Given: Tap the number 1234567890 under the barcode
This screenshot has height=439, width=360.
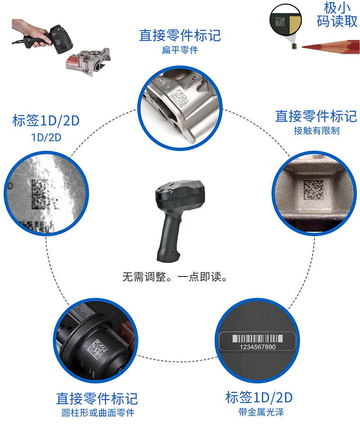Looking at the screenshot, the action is coord(257,347).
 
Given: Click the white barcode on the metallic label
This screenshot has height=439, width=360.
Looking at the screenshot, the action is coord(257,339).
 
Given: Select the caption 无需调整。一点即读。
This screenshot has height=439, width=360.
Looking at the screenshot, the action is coord(175,277).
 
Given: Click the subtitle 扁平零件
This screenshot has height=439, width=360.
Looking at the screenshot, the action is coord(180,50).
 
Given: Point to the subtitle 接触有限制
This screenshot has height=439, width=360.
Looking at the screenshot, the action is coord(317,131).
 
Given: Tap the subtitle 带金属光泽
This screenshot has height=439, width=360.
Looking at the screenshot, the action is coord(261,412).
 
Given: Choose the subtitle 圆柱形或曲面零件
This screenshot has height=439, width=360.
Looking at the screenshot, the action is coord(98,413).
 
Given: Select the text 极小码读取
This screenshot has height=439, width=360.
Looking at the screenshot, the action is coord(337,14).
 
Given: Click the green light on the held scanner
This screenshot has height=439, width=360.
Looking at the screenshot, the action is coord(58,28).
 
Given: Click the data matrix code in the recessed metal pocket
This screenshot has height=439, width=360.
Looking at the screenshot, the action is coord(314,190).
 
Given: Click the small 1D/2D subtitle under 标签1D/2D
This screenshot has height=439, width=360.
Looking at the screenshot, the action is coord(46,137).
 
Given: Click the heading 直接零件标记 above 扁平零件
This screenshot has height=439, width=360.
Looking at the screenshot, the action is coord(180,36).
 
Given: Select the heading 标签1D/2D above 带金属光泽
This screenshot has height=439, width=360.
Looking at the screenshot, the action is coord(259,397).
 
